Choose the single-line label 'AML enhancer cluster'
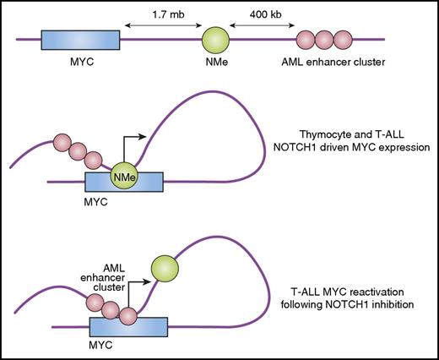(x=321, y=67)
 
